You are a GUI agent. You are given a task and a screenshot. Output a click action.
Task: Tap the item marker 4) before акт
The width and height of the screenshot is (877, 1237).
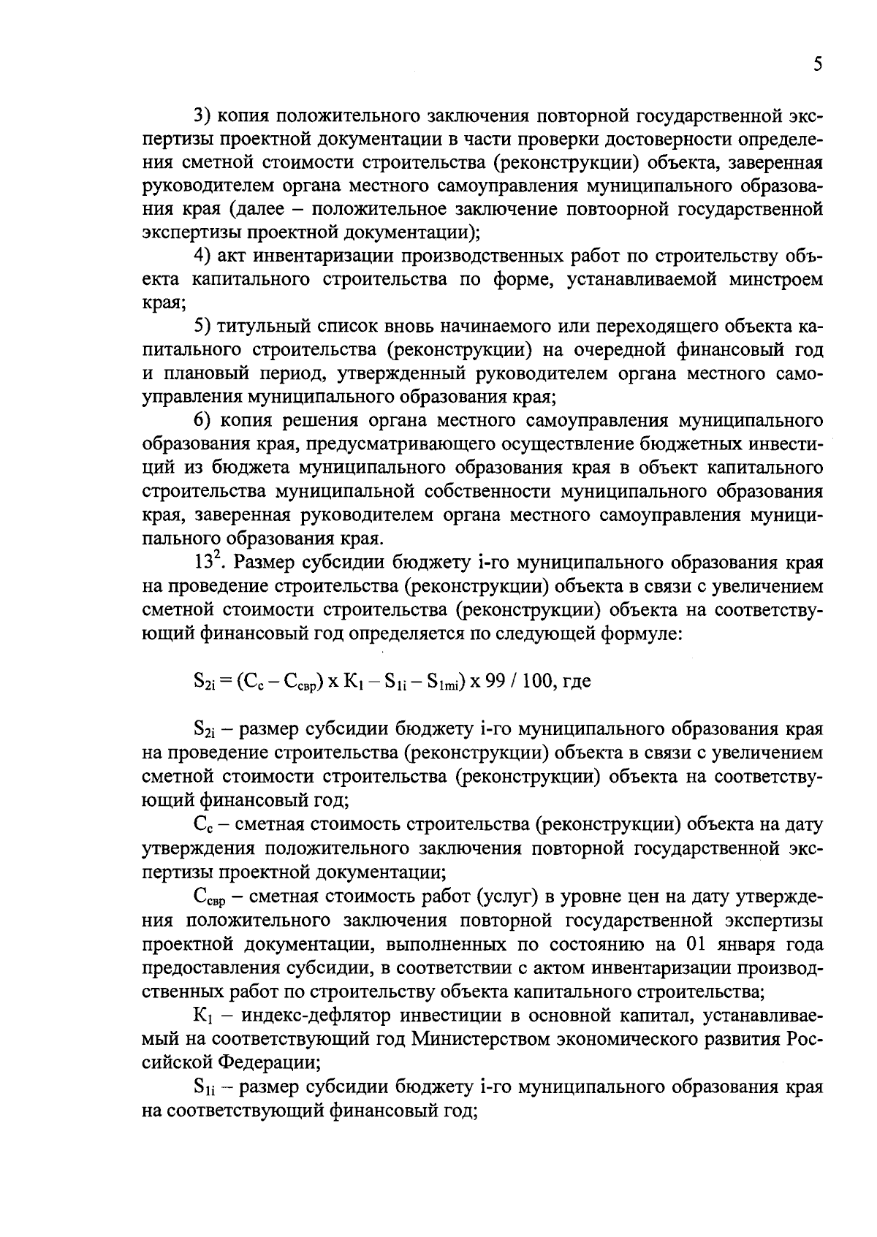coord(202,256)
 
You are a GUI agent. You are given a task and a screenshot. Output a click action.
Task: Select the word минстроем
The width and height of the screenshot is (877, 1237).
coord(777,280)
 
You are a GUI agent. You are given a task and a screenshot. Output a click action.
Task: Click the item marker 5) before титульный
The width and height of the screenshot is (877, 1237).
coord(202,327)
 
